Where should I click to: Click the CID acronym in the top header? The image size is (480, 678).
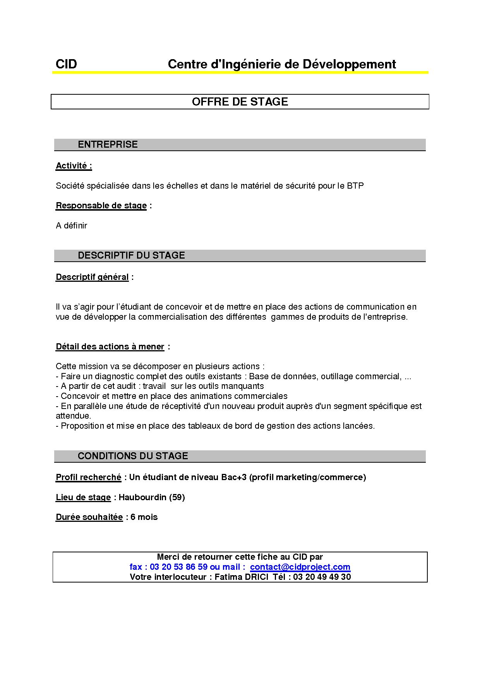point(66,64)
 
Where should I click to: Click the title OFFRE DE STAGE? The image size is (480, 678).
point(240,102)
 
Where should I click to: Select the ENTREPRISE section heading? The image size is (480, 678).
point(108,145)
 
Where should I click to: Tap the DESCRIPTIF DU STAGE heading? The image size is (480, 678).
point(131,256)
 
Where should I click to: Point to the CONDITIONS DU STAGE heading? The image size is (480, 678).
point(133,456)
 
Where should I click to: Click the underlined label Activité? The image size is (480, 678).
point(74,166)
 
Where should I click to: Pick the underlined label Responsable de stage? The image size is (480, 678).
point(101,206)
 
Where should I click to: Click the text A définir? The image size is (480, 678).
point(72,225)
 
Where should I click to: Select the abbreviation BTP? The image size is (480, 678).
point(355,186)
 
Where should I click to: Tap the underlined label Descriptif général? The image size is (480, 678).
point(92,277)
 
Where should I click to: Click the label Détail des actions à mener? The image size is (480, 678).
point(110,347)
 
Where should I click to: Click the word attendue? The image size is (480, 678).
point(73,416)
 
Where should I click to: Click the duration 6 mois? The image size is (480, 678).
point(144,517)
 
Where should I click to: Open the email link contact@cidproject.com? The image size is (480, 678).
point(300,567)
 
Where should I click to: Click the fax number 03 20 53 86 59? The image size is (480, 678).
point(178,567)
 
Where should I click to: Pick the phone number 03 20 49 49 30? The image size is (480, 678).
point(322,577)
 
